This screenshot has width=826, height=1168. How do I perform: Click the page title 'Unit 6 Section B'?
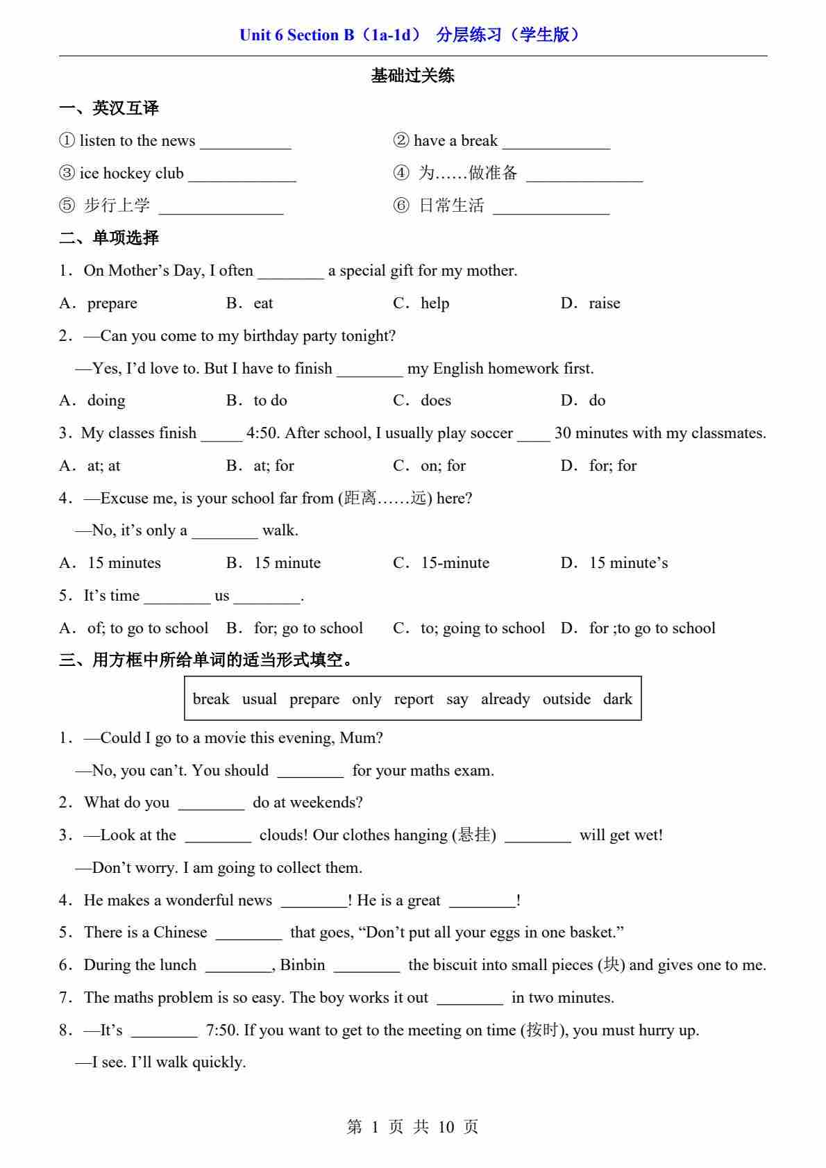pyautogui.click(x=296, y=35)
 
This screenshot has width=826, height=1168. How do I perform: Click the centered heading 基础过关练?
pyautogui.click(x=412, y=76)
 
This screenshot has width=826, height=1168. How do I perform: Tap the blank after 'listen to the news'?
pyautogui.click(x=246, y=142)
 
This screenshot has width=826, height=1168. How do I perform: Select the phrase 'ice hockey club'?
pyautogui.click(x=131, y=173)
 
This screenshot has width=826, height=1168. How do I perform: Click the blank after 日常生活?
pyautogui.click(x=551, y=207)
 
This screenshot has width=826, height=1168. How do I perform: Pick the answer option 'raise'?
pyautogui.click(x=604, y=303)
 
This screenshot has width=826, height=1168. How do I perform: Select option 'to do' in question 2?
pyautogui.click(x=270, y=401)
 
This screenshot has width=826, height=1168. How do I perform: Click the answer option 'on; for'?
pyautogui.click(x=443, y=466)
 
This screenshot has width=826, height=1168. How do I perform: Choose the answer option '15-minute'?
pyautogui.click(x=455, y=563)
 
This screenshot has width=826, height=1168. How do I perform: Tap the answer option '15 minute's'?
pyautogui.click(x=628, y=563)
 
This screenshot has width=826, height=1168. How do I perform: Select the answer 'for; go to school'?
pyautogui.click(x=308, y=628)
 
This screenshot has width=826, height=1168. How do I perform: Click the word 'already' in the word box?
pyautogui.click(x=505, y=699)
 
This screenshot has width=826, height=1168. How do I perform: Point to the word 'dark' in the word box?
pyautogui.click(x=617, y=699)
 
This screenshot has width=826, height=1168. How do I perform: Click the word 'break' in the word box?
pyautogui.click(x=210, y=699)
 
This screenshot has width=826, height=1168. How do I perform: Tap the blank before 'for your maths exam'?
pyautogui.click(x=310, y=772)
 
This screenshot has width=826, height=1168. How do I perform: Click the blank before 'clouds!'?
pyautogui.click(x=218, y=837)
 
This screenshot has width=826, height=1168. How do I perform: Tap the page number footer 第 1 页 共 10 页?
pyautogui.click(x=412, y=1126)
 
